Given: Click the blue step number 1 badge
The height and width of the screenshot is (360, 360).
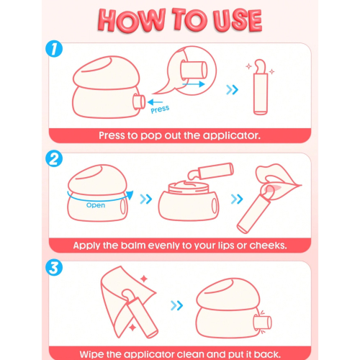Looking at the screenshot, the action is click(x=54, y=49).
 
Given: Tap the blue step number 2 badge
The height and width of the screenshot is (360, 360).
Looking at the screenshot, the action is click(x=54, y=158).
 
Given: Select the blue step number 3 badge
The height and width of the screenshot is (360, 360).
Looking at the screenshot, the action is click(x=54, y=267).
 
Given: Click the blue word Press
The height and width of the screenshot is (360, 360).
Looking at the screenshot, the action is click(x=160, y=109).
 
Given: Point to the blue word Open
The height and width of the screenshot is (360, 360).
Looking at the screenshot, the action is click(x=96, y=205).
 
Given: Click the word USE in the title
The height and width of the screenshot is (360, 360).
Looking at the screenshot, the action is click(x=238, y=20).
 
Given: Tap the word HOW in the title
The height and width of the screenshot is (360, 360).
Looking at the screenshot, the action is click(x=132, y=20).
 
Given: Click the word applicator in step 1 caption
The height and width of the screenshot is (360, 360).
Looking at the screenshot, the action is click(x=231, y=136).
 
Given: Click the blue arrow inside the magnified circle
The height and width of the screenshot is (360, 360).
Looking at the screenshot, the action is click(x=194, y=84).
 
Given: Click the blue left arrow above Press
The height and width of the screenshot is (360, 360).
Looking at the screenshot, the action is click(x=156, y=102).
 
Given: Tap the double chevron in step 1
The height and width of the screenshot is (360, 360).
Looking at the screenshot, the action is click(x=232, y=90).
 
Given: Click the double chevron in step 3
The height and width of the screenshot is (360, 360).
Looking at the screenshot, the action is click(x=176, y=305).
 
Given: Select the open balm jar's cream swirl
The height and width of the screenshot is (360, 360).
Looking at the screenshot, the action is click(x=189, y=184).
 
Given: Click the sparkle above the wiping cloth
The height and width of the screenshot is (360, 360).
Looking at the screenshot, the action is click(x=144, y=279).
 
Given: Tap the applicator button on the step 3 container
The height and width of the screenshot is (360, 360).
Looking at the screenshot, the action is click(x=262, y=323).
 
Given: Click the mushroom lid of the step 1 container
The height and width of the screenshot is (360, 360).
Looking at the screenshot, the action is click(x=107, y=73).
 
